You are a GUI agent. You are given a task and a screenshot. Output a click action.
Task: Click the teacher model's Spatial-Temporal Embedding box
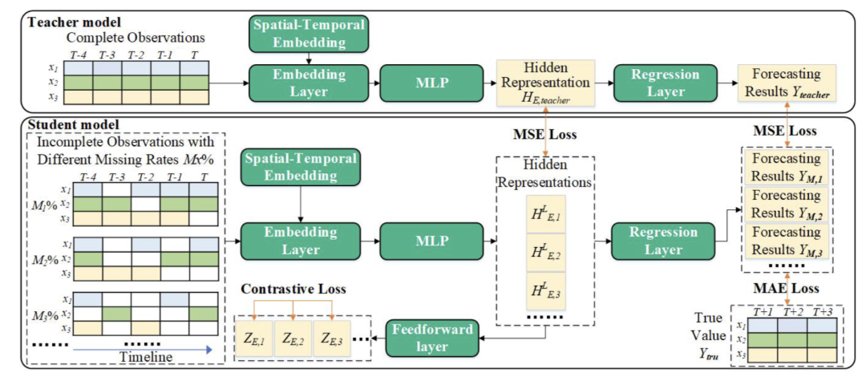tap(310, 32)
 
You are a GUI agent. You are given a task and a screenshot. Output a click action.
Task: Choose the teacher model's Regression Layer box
tap(653, 83)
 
